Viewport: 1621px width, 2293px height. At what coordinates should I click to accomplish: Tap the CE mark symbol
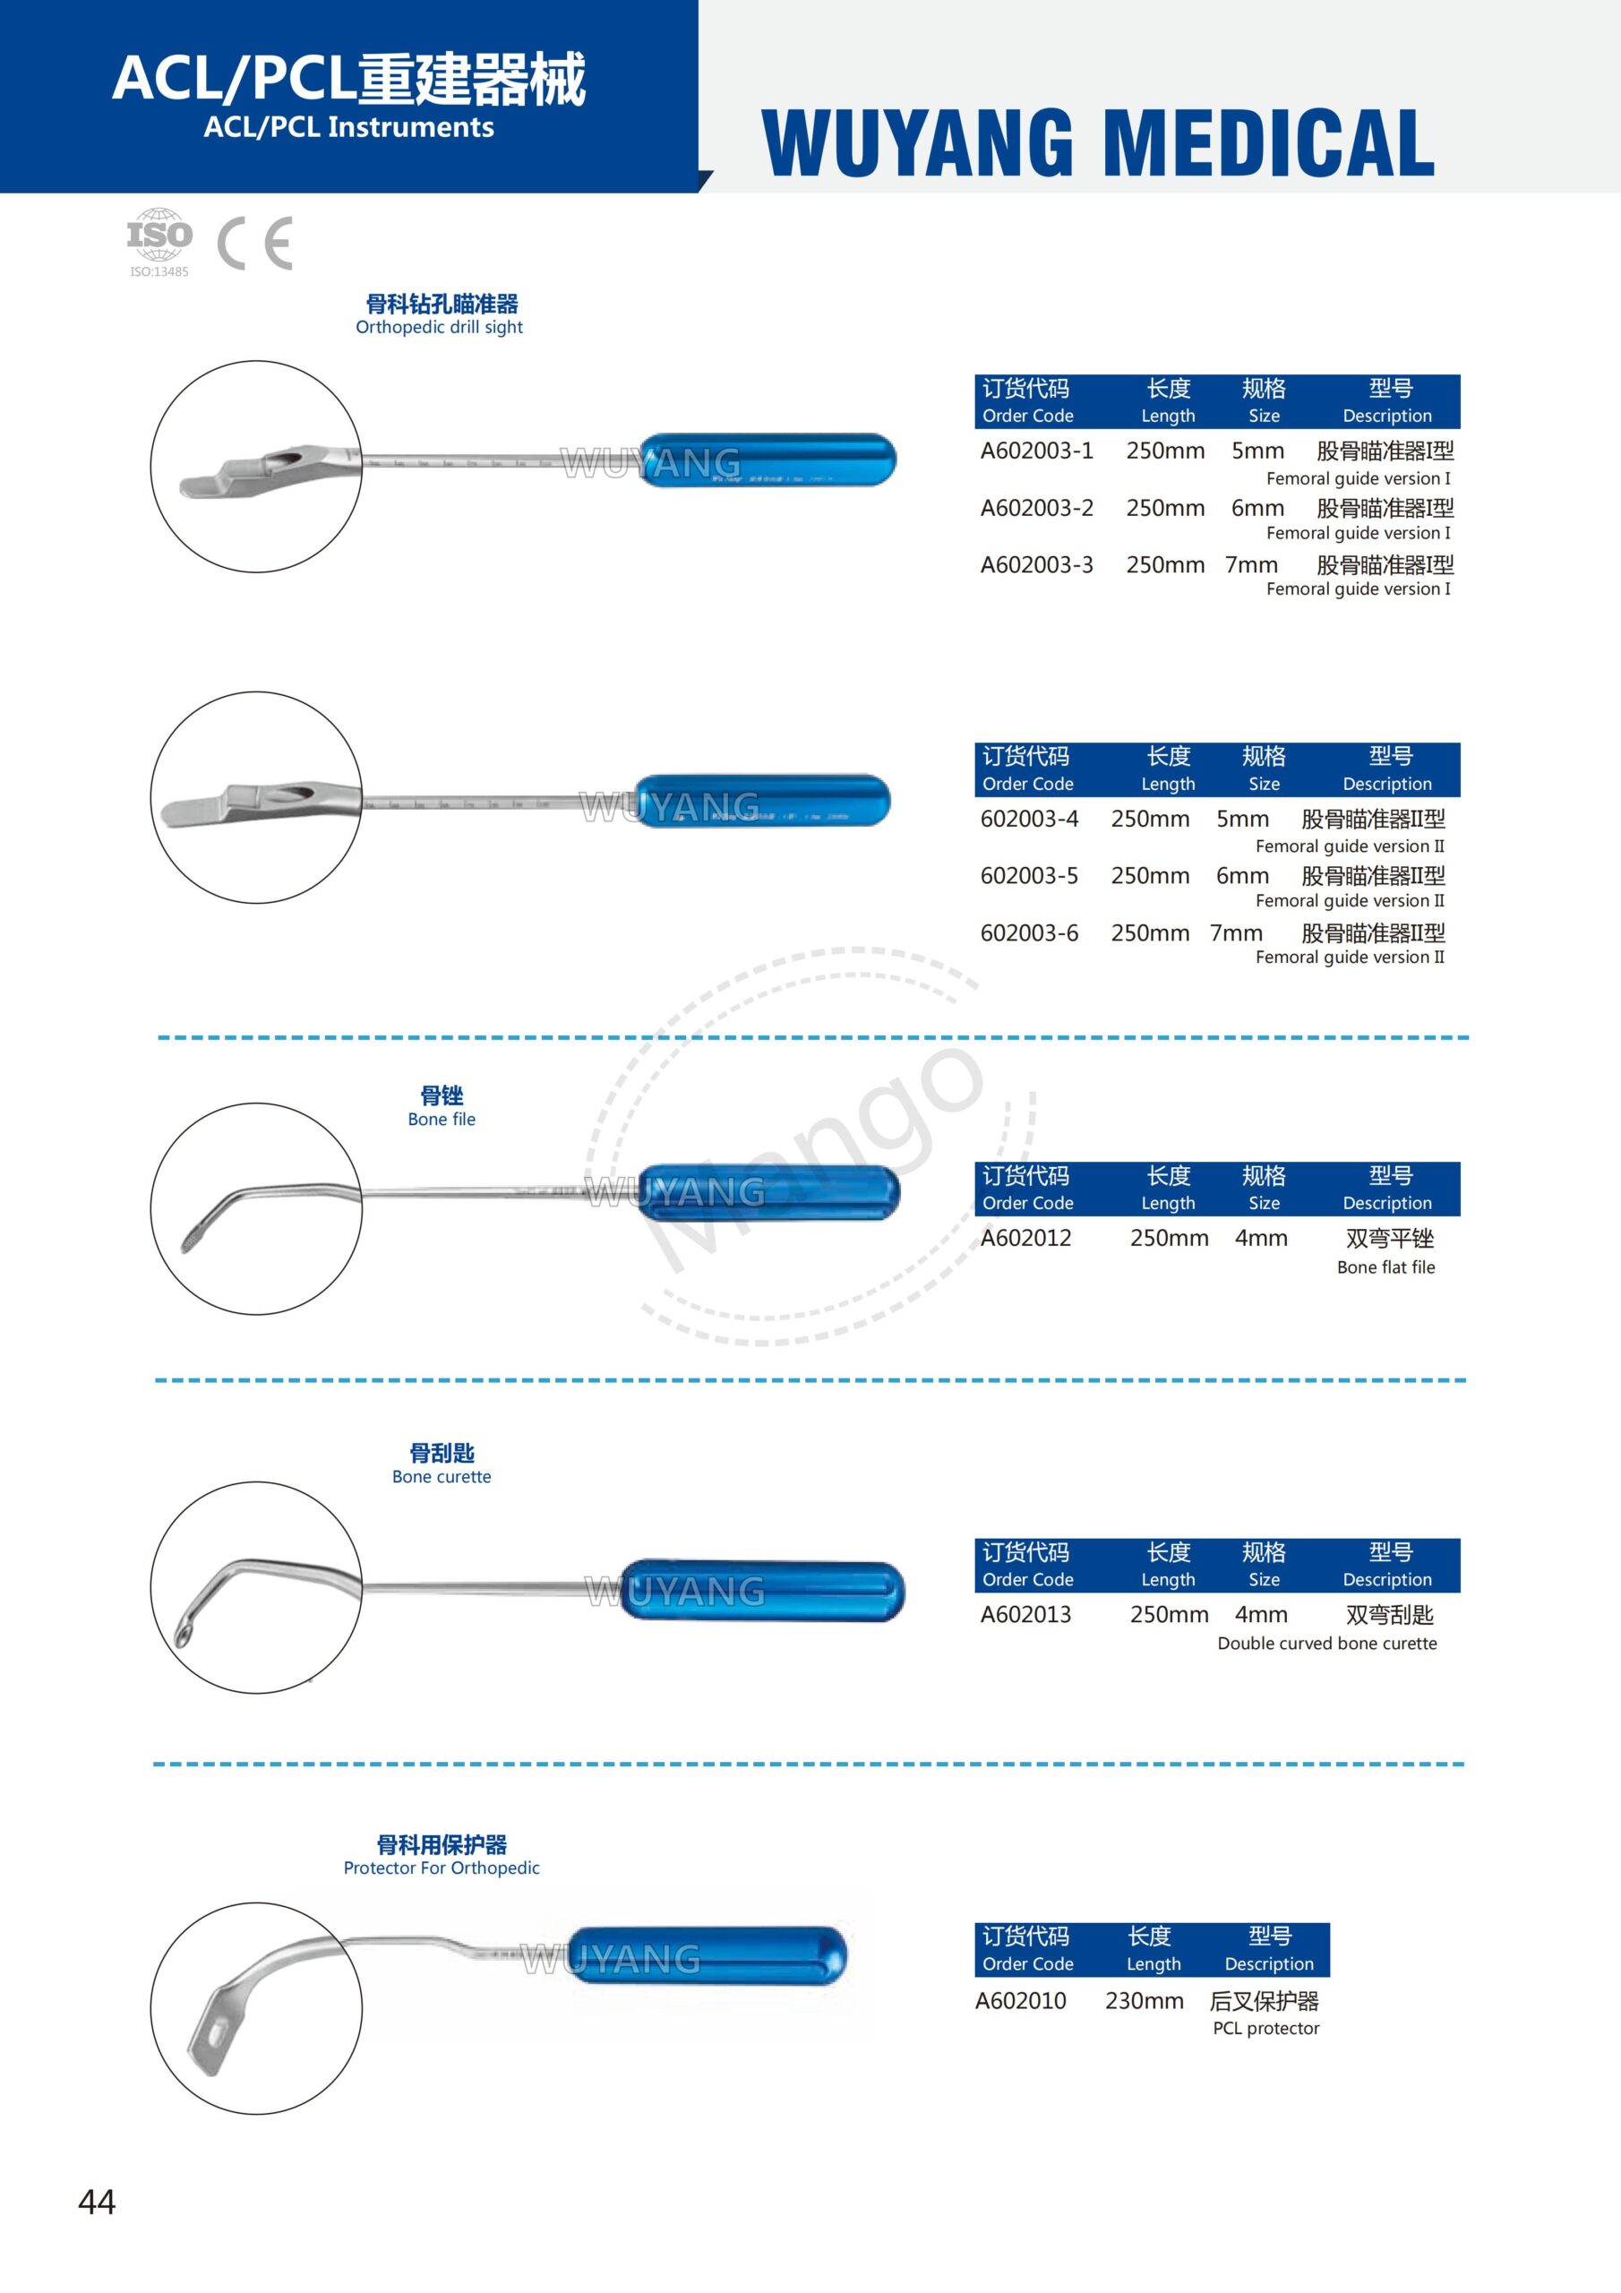point(254,243)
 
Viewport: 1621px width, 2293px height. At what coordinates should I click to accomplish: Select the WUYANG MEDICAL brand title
point(1098,142)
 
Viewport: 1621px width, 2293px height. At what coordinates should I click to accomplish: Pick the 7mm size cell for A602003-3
point(1251,565)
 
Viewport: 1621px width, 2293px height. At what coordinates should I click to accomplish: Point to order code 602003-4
point(1029,819)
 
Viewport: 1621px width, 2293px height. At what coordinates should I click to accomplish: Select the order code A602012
point(1025,1239)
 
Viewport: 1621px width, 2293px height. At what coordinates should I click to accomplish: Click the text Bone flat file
point(1385,1267)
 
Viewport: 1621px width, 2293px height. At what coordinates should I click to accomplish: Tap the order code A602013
point(1025,1615)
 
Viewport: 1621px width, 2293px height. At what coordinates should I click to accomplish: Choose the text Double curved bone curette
point(1326,1644)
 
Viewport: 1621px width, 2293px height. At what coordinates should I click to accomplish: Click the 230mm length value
point(1144,2001)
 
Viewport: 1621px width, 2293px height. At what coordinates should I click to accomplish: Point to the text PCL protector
point(1265,2029)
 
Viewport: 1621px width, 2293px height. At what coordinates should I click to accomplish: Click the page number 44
point(97,2203)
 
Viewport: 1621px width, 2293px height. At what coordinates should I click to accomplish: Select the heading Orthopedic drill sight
point(440,328)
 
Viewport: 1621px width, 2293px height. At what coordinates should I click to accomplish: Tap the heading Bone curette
point(442,1477)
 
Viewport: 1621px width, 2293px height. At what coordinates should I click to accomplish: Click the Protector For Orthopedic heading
point(442,1868)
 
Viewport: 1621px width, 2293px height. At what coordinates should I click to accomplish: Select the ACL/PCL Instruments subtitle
point(348,128)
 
